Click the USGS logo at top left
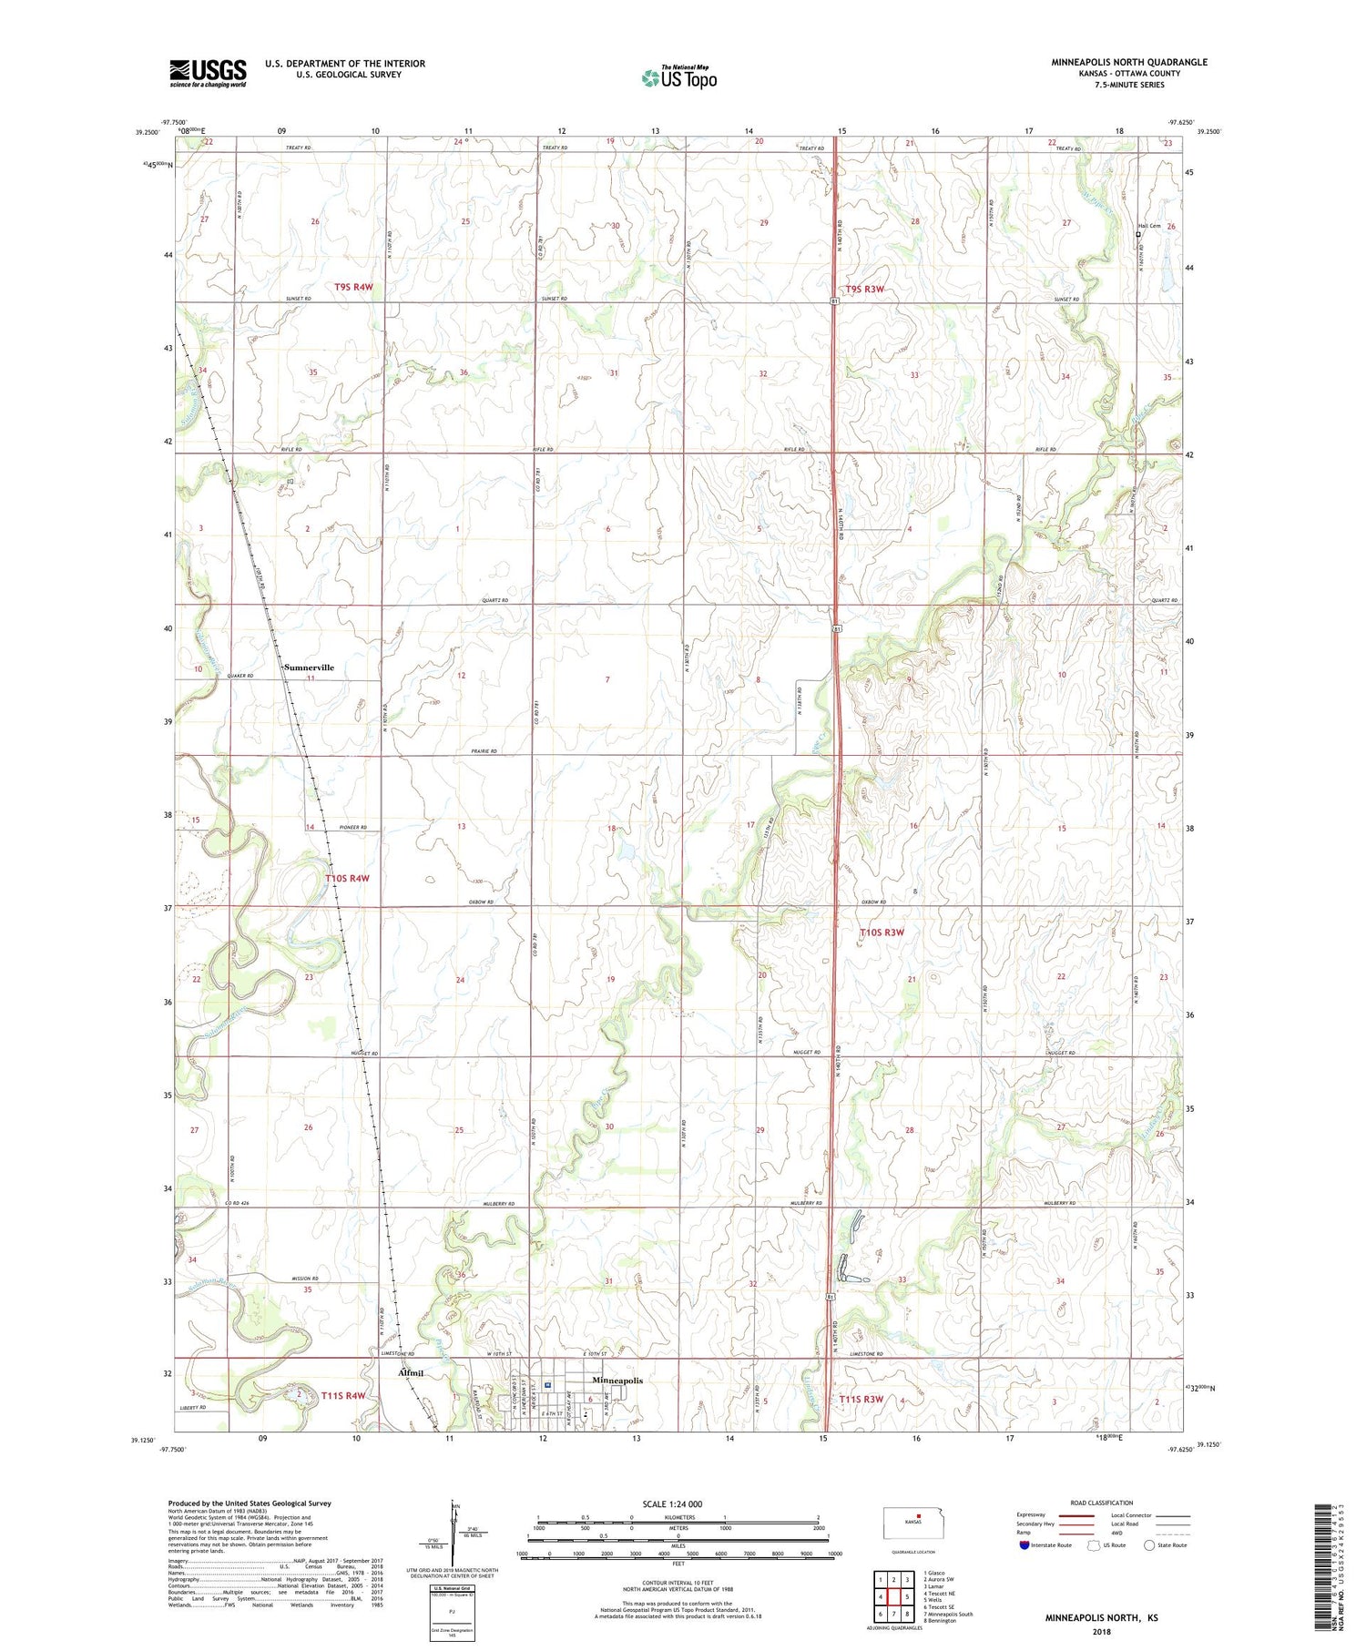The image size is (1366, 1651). (208, 73)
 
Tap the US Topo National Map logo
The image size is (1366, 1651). (678, 78)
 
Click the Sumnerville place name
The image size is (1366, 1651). (309, 668)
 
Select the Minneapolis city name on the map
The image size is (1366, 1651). (617, 1381)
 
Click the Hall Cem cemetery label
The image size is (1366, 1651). (1149, 226)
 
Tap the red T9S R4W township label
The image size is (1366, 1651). (353, 287)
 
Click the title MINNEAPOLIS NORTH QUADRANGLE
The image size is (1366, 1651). (1129, 62)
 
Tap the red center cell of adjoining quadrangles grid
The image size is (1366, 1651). (907, 1596)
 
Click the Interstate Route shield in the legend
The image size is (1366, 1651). (1025, 1545)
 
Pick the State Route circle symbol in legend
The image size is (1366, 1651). (1149, 1545)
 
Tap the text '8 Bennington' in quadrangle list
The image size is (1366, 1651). (940, 1621)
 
